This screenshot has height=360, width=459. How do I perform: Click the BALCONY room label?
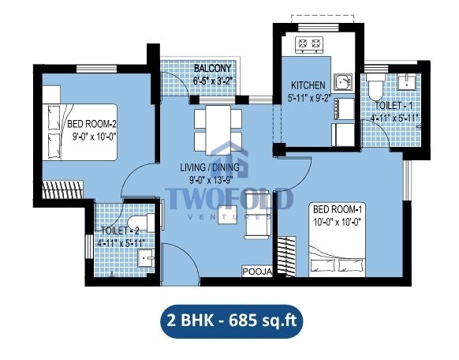212,69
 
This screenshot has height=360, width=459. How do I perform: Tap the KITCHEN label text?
308,85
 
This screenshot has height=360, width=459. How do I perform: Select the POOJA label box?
257,272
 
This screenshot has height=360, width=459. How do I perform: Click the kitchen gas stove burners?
309,43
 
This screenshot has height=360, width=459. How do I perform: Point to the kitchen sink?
344,82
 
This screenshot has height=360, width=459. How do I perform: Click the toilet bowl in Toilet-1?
377,86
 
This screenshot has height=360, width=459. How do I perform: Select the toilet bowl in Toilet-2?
141,223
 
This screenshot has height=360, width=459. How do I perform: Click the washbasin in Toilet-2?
146,258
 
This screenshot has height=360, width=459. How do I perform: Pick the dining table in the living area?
218,129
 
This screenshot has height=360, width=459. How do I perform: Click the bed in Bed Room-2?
80,132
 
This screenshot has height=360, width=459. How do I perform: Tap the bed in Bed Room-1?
337,239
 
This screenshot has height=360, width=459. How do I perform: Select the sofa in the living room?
258,215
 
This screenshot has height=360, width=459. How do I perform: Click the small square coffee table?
227,215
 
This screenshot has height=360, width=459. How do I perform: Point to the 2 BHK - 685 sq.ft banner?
231,321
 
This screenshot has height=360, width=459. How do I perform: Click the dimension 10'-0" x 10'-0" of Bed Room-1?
336,222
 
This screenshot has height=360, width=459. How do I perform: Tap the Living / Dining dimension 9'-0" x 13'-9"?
211,180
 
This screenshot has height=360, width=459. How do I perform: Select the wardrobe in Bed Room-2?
62,189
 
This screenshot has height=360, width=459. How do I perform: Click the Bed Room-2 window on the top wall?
96,69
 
